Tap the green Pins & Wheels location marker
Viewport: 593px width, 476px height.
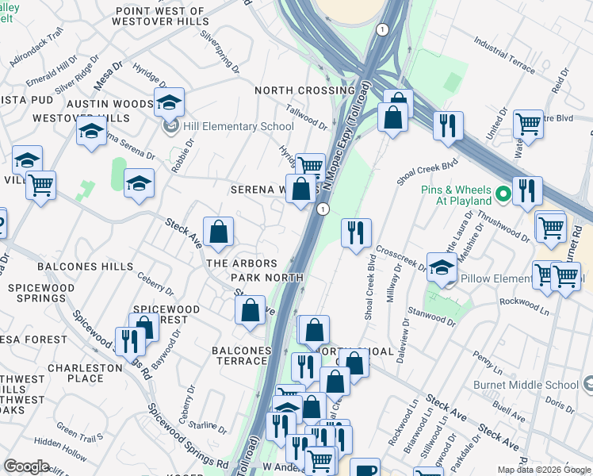502,194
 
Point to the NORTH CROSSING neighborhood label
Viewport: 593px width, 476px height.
304,90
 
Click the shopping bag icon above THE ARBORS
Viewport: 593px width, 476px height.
219,232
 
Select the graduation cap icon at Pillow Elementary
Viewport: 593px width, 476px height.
442,267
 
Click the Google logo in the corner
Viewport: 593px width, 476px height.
27,466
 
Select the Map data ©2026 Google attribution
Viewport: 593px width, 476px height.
544,470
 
